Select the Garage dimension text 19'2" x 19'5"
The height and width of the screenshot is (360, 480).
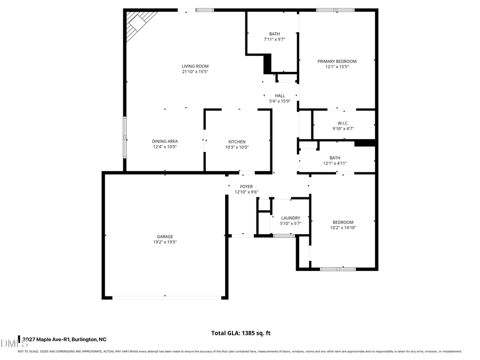[165, 242]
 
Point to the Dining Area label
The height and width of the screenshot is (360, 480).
[165, 141]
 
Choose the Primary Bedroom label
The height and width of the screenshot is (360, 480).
[337, 61]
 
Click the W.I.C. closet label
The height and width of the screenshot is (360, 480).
[343, 123]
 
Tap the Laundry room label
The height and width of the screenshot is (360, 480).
[291, 218]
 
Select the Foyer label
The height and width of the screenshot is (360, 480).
[246, 187]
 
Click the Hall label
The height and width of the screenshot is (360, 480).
[280, 95]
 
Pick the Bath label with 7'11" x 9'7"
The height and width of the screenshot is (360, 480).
[274, 34]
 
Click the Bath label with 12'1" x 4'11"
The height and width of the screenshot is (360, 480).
[334, 158]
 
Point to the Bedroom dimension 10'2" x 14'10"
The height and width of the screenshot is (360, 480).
[343, 228]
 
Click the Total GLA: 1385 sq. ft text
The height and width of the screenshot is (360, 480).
[241, 333]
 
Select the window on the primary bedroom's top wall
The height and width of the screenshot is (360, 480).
[335, 10]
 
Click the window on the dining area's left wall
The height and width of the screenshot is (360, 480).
[125, 136]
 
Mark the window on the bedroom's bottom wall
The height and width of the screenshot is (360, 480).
[338, 269]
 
